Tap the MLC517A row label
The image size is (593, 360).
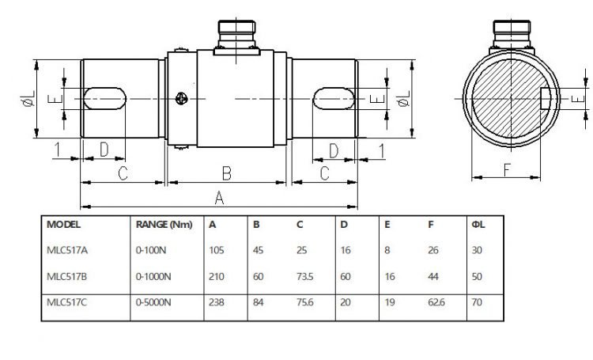(x=67, y=251)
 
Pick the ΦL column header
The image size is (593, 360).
(x=478, y=224)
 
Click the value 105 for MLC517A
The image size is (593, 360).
(x=217, y=251)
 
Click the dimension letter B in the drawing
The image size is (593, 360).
(x=225, y=172)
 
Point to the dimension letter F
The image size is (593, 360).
(x=506, y=169)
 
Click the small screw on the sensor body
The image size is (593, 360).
(x=183, y=99)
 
